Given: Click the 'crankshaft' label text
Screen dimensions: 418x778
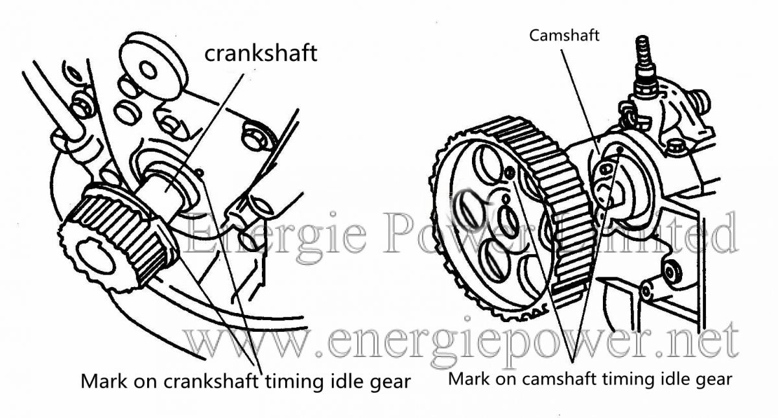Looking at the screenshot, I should pos(261,53).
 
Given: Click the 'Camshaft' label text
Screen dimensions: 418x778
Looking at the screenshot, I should pos(564,36).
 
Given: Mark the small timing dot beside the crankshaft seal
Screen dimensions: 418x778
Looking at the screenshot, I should pos(202,172).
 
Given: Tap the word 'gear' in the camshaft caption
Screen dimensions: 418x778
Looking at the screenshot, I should pos(713,378).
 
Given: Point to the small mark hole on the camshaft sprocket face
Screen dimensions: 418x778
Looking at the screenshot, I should pos(509,173).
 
